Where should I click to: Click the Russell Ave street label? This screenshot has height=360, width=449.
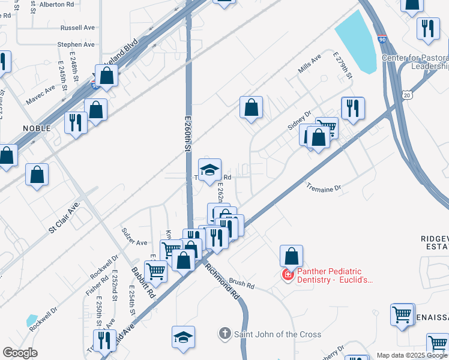[78, 28]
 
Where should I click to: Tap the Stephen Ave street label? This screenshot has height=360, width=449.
[76, 45]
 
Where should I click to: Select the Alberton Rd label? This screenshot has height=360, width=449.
[56, 4]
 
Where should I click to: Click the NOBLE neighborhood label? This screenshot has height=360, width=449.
[37, 128]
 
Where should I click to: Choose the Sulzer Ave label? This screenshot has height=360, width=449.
[134, 243]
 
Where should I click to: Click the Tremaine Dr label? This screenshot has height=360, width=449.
[324, 188]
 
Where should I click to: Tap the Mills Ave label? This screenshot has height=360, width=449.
[310, 67]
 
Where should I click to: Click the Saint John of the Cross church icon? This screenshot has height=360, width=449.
[224, 334]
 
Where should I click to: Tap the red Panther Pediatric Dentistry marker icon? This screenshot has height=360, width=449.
[288, 275]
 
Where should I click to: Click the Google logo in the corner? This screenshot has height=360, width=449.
[20, 353]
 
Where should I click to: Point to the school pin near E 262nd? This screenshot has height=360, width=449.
[209, 170]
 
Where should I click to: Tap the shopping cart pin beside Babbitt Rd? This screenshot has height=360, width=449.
[156, 270]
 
